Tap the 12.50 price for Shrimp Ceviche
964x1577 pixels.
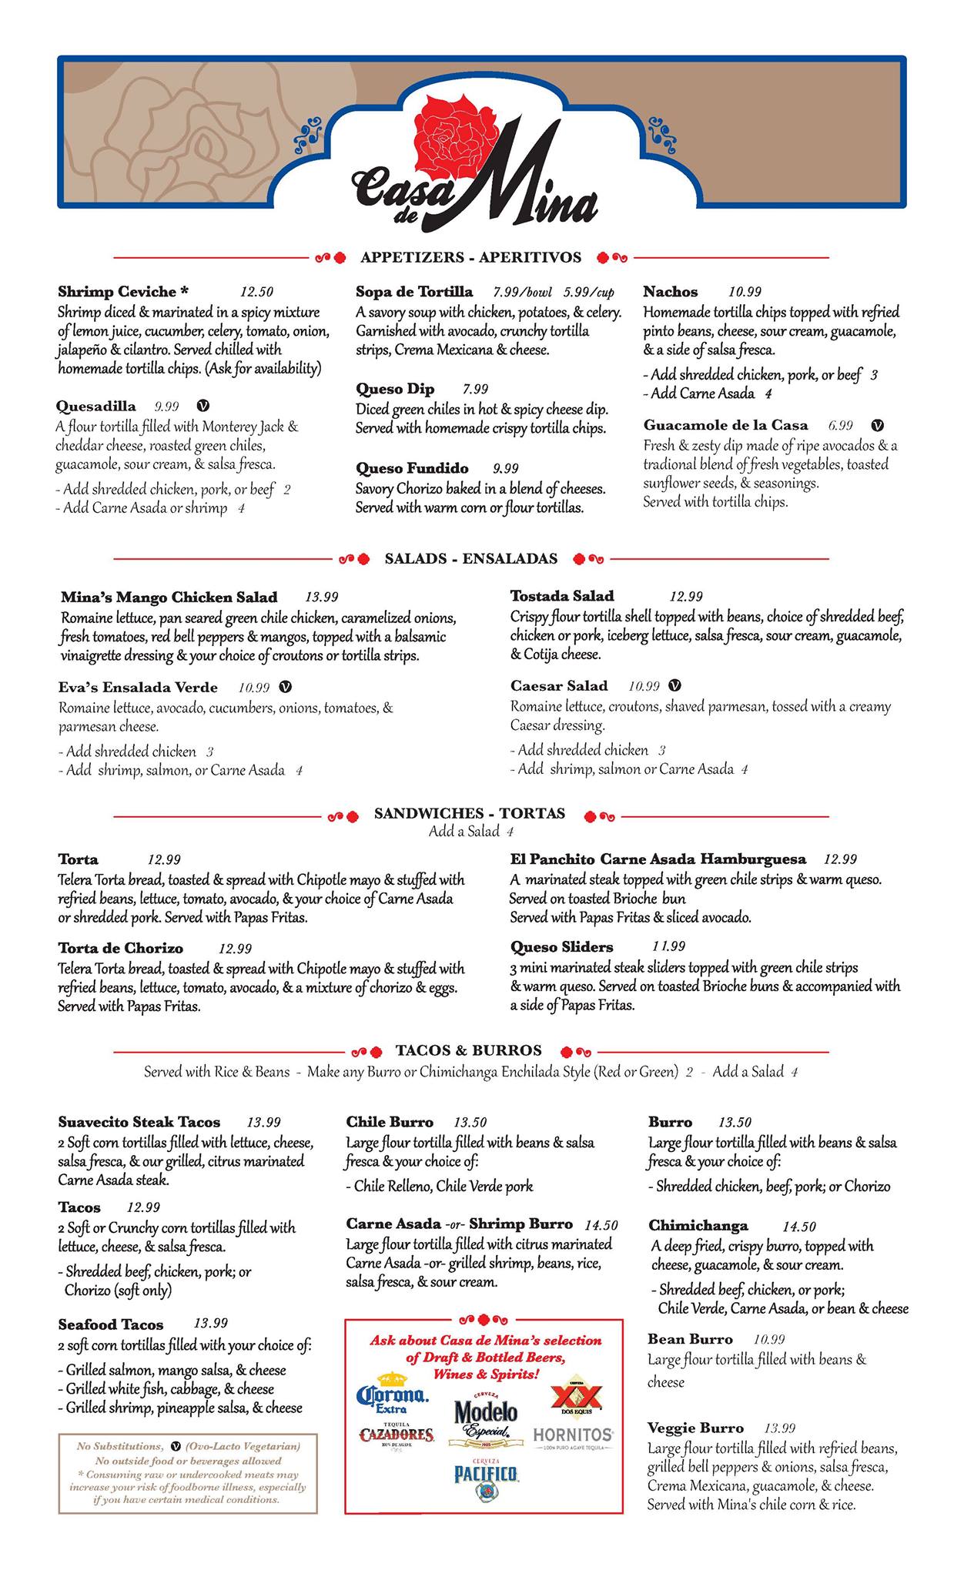tap(256, 293)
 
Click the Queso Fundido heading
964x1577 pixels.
tap(412, 468)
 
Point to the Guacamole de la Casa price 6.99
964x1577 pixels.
tap(841, 425)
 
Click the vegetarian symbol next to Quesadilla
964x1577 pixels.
tap(203, 406)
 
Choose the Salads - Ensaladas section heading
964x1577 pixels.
tap(470, 559)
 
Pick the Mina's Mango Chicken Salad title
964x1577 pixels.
tap(169, 598)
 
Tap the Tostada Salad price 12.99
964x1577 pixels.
tap(686, 596)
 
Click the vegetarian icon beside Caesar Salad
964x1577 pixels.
tap(675, 685)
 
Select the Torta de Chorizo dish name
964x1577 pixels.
tap(120, 949)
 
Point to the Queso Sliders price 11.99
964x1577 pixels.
tap(668, 946)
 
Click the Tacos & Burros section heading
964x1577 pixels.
tap(468, 1050)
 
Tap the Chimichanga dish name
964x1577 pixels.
tap(698, 1226)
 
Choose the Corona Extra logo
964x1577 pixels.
tap(393, 1397)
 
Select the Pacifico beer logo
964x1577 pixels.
tap(485, 1475)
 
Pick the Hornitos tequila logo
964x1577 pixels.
tap(573, 1435)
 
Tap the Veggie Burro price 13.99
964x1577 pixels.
tap(779, 1428)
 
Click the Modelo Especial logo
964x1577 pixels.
tap(485, 1417)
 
